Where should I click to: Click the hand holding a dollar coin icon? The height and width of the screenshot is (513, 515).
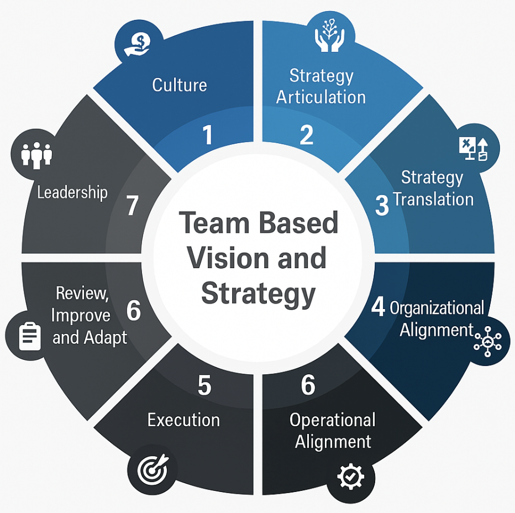137,45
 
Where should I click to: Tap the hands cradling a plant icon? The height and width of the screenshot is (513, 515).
329,35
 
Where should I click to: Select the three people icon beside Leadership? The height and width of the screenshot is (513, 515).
36,155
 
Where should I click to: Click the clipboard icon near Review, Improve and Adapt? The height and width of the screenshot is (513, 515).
30,336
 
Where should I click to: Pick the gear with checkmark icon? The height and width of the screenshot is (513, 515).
351,476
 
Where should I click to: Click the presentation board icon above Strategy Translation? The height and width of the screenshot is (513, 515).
474,149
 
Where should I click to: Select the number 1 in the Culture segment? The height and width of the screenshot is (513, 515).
208,135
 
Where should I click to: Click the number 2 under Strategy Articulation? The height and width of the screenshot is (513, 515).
307,135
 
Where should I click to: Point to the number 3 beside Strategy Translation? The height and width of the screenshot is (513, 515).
382,206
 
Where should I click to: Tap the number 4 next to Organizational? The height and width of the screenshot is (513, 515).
378,306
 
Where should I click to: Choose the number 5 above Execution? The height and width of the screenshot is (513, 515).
204,385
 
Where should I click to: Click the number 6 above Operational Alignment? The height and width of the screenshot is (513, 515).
308,385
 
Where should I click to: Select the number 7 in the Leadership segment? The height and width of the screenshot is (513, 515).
133,206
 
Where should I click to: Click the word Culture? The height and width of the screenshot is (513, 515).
180,85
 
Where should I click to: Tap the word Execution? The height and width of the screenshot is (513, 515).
183,420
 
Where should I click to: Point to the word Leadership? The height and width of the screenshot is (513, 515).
72,192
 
